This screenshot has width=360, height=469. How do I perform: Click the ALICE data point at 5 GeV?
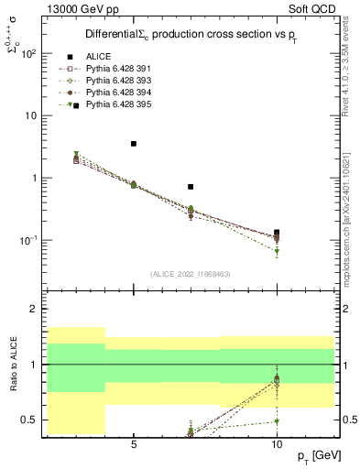(134, 144)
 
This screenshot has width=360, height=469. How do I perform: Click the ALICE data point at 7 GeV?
(191, 187)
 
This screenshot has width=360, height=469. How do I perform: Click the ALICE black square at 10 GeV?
(277, 233)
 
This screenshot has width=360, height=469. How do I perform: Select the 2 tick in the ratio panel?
(32, 309)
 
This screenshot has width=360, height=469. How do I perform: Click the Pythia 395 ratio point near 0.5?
(277, 421)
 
